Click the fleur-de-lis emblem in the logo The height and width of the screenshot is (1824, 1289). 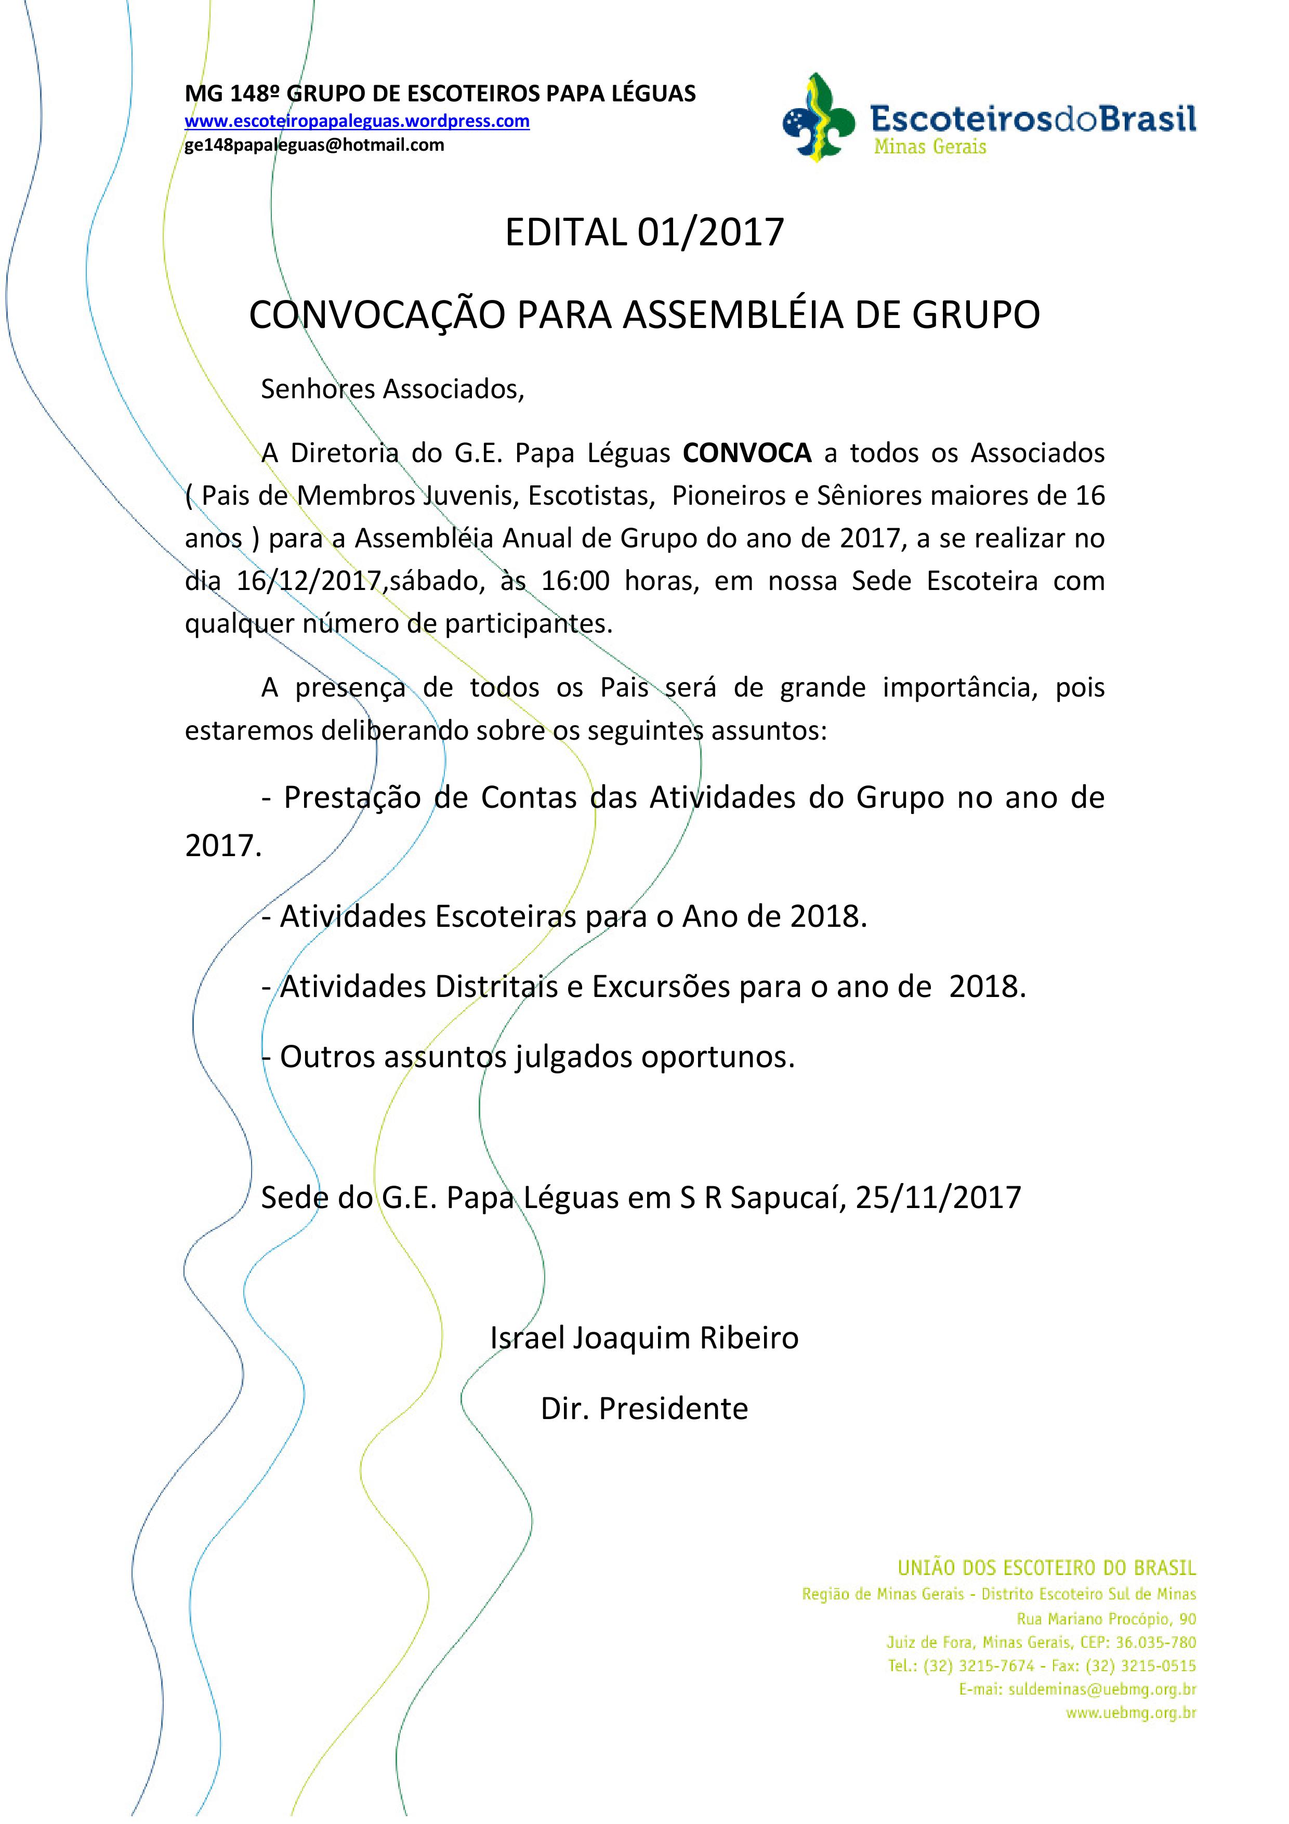tap(818, 119)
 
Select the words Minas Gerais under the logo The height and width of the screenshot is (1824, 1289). tap(930, 147)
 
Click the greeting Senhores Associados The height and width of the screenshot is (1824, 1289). tap(392, 389)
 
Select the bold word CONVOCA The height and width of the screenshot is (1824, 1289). tap(746, 453)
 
